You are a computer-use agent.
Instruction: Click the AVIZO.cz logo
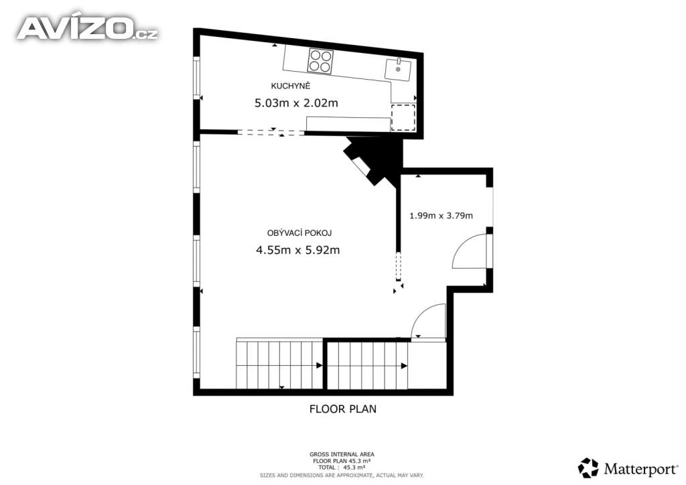[87, 28]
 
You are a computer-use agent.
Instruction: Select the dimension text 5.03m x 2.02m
[295, 103]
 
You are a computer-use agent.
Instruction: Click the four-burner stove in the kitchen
[320, 62]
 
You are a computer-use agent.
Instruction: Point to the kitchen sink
[398, 68]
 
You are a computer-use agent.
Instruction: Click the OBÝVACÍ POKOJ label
[299, 233]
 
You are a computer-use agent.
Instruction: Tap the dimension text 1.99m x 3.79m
[441, 216]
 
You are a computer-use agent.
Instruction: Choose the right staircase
[367, 365]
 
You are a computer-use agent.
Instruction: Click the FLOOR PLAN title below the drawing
[342, 409]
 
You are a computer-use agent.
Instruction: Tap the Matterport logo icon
[588, 467]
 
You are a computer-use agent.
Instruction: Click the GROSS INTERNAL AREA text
[342, 454]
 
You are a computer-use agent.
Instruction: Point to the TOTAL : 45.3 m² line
[342, 468]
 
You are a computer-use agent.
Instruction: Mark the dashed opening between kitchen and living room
[271, 133]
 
